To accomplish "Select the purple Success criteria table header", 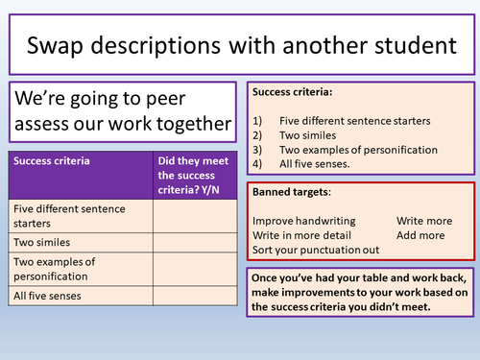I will pyautogui.click(x=53, y=162).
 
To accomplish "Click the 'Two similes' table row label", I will pyautogui.click(x=41, y=243).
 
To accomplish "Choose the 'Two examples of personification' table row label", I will pyautogui.click(x=58, y=269).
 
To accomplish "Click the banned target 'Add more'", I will pyautogui.click(x=420, y=235).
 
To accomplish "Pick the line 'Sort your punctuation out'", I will pyautogui.click(x=314, y=250).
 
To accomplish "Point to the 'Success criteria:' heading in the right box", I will pyautogui.click(x=292, y=92).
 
